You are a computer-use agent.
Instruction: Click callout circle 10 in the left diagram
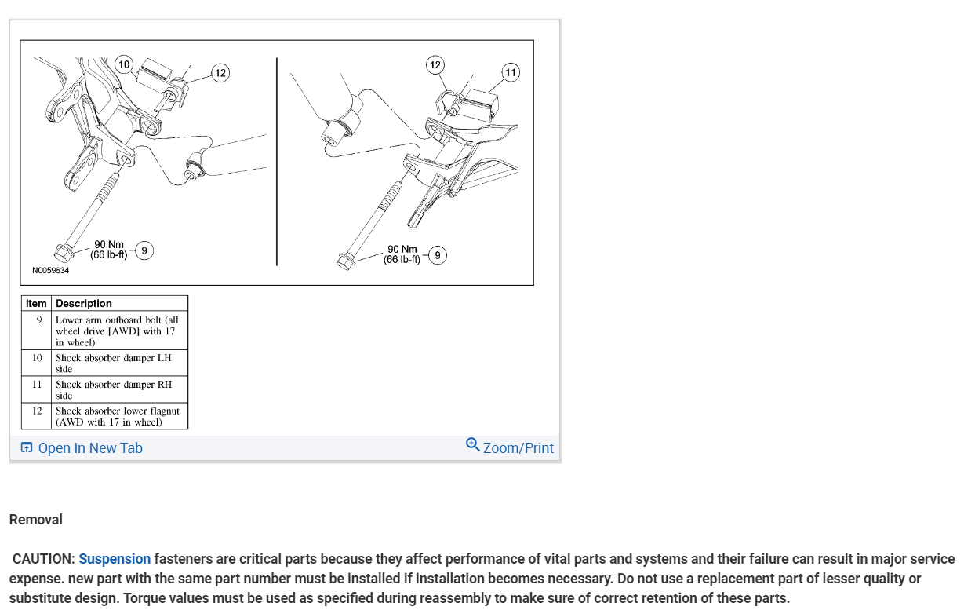(124, 64)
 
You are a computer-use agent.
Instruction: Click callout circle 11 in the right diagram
(511, 73)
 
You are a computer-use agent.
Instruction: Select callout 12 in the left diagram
(220, 73)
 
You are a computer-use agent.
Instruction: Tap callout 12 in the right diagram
(435, 64)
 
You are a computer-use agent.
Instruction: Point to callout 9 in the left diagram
(144, 250)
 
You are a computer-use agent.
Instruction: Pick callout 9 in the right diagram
(438, 255)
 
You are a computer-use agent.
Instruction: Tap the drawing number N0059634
(50, 271)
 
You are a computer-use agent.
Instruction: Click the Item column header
(36, 303)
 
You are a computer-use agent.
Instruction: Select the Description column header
(84, 303)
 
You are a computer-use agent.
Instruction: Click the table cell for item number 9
(38, 320)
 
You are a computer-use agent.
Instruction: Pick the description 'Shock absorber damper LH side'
(114, 363)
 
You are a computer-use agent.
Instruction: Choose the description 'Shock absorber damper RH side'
(114, 389)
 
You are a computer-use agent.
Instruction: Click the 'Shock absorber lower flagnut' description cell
(118, 416)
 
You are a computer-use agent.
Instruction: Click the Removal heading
(36, 519)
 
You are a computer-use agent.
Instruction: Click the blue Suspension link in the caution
(115, 559)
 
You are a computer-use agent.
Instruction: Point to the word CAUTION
(44, 559)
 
